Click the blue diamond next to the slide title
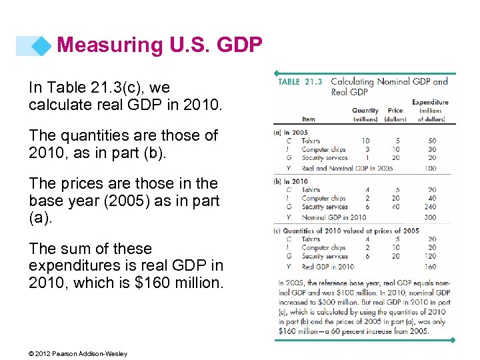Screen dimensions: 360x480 point(43,45)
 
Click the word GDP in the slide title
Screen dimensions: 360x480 point(237,45)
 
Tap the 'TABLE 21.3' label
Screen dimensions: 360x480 point(299,82)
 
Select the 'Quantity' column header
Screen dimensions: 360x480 point(365,111)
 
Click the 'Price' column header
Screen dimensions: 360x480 point(395,111)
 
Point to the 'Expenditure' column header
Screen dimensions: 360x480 point(430,103)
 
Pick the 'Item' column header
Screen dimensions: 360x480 point(308,119)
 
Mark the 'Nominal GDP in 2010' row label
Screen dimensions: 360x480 point(333,217)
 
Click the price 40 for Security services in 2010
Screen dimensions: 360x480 point(395,207)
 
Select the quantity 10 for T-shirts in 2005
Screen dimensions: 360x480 point(365,141)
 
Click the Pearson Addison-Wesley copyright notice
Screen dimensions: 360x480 point(78,353)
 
